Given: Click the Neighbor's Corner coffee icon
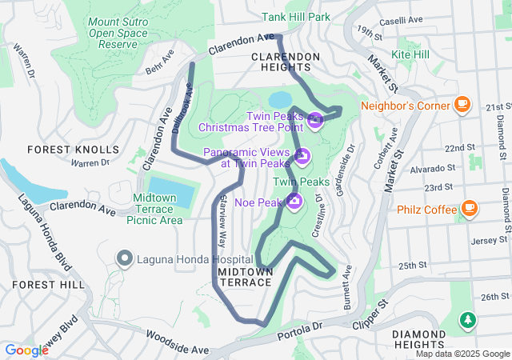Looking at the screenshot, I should (x=462, y=104).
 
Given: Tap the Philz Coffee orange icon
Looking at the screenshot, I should (x=470, y=210).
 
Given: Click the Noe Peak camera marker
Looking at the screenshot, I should (x=294, y=200).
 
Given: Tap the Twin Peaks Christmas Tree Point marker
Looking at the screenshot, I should (x=315, y=121).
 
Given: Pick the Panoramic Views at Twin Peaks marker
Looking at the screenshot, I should (x=301, y=155).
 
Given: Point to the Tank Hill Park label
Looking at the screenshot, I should (x=296, y=16).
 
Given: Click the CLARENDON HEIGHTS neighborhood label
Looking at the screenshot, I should (x=286, y=62).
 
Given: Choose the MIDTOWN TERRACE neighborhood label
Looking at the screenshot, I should (x=246, y=278).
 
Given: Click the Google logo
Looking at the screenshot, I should (x=27, y=350).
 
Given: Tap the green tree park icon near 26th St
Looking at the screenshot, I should (x=467, y=321).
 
